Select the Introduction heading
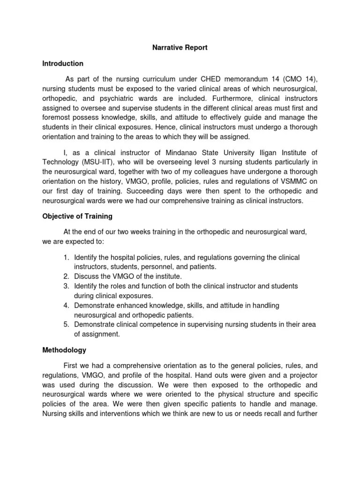[x=63, y=63]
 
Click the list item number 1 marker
[x=66, y=257]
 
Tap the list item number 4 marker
[x=66, y=305]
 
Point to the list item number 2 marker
[x=66, y=276]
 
